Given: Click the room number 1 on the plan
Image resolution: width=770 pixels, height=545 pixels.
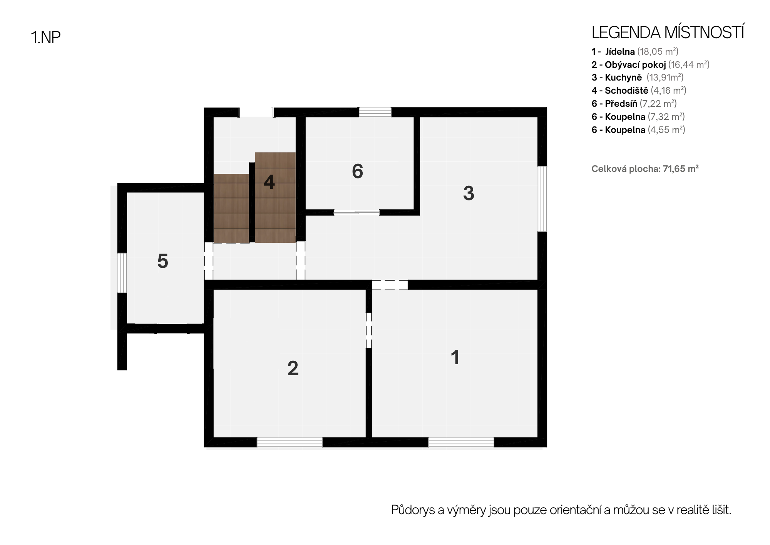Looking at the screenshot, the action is click(x=455, y=357).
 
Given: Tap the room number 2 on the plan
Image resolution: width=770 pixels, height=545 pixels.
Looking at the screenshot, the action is click(x=293, y=368).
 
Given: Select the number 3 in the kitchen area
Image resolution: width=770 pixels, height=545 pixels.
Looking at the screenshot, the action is click(x=469, y=193).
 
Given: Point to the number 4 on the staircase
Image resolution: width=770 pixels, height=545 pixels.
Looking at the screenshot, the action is click(x=269, y=182).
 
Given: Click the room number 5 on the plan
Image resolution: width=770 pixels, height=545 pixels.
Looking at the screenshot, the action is click(x=162, y=261).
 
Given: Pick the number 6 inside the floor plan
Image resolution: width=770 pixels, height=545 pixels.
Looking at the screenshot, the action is click(x=357, y=172).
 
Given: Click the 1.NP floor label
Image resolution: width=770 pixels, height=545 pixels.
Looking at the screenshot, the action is click(x=45, y=37).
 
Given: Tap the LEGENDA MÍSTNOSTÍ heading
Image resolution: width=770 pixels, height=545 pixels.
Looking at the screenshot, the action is click(x=668, y=33).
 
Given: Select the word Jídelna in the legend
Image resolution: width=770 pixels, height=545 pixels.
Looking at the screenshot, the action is click(x=620, y=52).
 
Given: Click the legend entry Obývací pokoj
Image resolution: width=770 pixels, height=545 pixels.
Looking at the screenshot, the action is click(x=635, y=65).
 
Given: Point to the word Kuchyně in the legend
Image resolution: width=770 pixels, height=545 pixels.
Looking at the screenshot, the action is click(x=623, y=77).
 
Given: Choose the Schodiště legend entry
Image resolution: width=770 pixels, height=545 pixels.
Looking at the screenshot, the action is click(x=626, y=91).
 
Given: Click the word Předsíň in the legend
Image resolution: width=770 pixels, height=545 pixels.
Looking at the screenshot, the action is click(x=621, y=104).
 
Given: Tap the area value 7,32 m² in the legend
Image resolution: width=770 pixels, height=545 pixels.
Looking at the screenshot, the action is click(x=666, y=117).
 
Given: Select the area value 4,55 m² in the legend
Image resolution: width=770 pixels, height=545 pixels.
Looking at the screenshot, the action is click(x=667, y=130).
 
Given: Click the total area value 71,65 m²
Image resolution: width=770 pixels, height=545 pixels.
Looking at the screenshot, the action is click(x=681, y=169).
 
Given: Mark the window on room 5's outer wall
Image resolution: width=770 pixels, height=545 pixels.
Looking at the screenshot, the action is click(x=122, y=272).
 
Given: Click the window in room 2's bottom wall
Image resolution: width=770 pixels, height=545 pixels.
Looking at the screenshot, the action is click(x=290, y=442).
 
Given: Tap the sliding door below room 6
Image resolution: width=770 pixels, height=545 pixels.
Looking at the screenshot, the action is click(x=357, y=212).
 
